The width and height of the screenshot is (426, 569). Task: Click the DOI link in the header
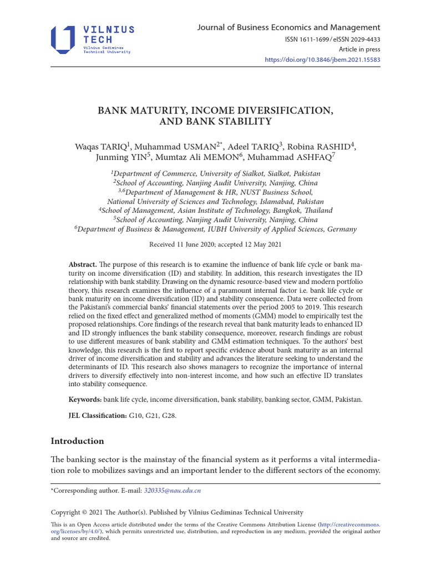click(322, 59)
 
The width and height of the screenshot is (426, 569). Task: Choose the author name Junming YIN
click(118, 158)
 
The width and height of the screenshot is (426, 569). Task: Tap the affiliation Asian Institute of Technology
click(234, 211)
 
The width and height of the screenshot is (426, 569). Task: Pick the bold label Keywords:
click(85, 400)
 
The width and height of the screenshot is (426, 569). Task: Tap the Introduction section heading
click(77, 441)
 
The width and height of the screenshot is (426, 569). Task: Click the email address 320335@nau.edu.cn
click(172, 491)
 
